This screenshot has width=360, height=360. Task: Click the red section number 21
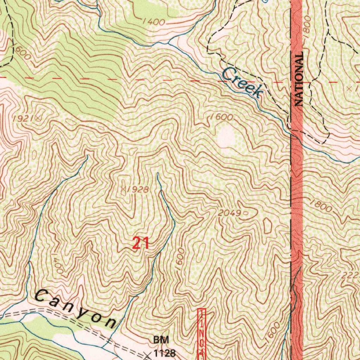(x=141, y=243)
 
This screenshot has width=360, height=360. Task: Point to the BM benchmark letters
(x=161, y=340)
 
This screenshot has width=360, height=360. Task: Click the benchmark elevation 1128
(x=164, y=352)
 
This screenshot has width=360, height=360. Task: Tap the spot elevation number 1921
(x=22, y=119)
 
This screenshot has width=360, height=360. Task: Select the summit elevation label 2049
(x=229, y=213)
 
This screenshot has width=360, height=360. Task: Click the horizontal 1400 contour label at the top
(x=154, y=22)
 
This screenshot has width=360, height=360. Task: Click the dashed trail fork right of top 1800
(x=328, y=32)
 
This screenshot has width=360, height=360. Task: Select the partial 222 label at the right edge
(x=352, y=275)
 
